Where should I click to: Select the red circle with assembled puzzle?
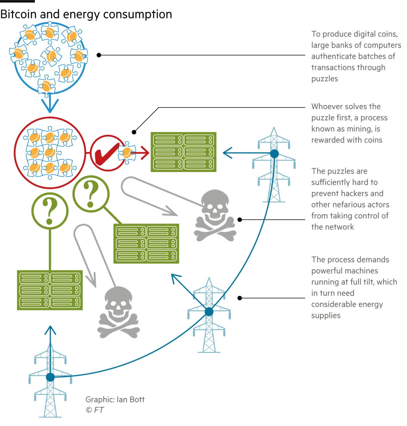[x=50, y=153]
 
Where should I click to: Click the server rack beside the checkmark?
[x=183, y=152]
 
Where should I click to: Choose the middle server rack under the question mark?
[x=146, y=244]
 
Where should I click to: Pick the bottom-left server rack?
[x=50, y=290]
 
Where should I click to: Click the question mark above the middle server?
[x=91, y=194]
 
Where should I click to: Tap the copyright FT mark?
[x=95, y=410]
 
